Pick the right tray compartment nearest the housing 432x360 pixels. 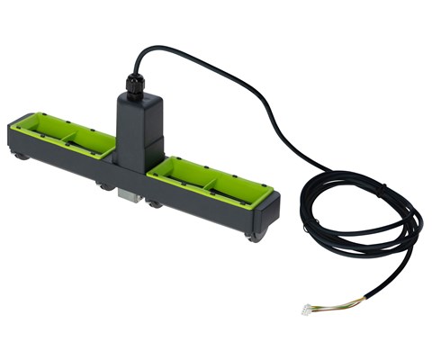point(180,174)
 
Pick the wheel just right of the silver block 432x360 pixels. point(155,204)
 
